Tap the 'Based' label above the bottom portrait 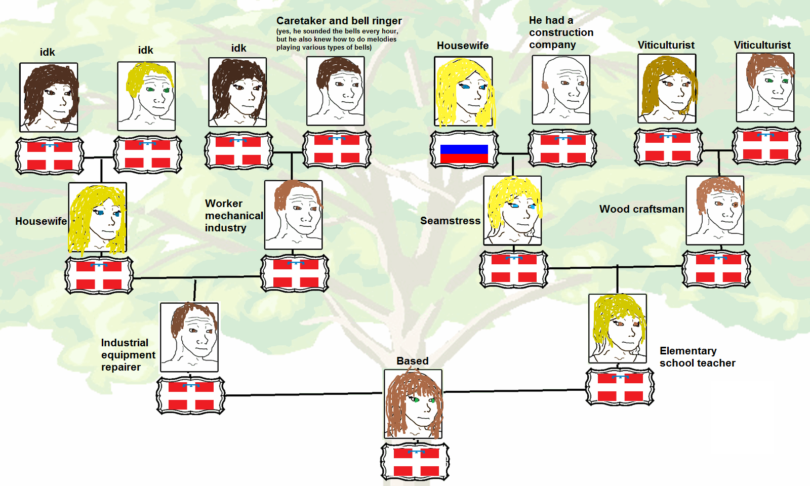(x=412, y=361)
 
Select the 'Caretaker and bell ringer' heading (x=339, y=21)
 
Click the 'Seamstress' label (x=450, y=221)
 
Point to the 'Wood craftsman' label (x=641, y=209)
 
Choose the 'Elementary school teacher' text (x=697, y=357)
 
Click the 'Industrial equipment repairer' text (x=128, y=355)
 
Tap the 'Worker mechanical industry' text (x=233, y=216)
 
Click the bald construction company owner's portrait (x=561, y=90)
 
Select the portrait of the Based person (x=413, y=404)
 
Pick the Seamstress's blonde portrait (x=513, y=211)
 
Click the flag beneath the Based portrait (x=415, y=461)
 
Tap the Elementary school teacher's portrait (x=618, y=329)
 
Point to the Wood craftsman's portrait (x=715, y=211)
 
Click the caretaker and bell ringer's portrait (x=336, y=91)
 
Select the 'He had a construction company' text (x=561, y=32)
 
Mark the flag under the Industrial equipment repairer (x=191, y=395)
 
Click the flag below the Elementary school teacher (x=620, y=387)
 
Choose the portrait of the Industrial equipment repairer (x=189, y=337)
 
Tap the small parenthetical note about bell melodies (x=337, y=39)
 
